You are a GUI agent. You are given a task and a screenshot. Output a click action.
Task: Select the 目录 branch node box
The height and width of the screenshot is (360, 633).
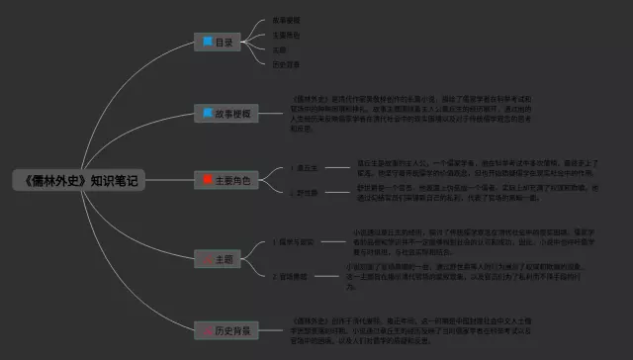223,43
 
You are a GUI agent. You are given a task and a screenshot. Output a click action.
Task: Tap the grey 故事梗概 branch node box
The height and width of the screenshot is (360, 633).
225,114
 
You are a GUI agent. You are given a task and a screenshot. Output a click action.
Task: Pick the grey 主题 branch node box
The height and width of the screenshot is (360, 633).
224,259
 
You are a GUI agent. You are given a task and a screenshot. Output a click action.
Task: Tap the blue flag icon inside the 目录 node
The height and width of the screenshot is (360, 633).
207,43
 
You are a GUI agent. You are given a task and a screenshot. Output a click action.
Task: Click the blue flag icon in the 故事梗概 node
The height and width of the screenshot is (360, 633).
207,114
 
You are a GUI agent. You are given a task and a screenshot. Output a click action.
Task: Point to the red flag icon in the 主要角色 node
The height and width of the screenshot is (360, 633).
207,180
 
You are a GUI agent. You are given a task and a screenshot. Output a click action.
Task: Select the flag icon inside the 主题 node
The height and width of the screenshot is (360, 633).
207,259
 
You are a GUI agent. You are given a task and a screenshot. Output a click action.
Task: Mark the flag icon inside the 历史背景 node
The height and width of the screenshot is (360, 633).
207,329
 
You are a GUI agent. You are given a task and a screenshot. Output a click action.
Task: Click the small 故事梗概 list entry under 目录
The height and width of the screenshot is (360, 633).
287,20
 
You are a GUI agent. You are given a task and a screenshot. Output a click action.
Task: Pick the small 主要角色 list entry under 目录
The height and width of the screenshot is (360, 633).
287,35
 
